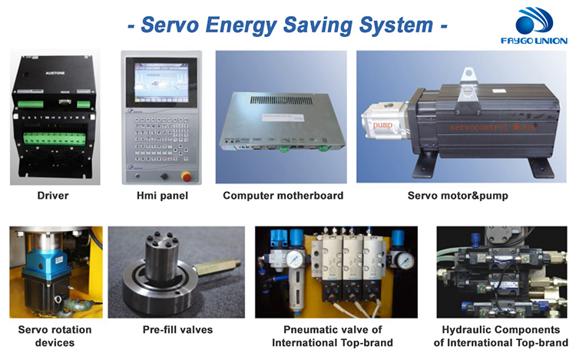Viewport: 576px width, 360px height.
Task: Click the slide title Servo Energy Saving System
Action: coord(287,25)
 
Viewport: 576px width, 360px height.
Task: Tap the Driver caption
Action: coord(53,196)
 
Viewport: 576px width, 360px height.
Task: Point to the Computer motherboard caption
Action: coord(283,196)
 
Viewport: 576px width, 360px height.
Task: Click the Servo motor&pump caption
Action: coord(458,196)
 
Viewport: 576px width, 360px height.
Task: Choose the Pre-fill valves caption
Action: coord(177,330)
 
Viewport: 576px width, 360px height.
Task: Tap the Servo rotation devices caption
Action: coord(54,336)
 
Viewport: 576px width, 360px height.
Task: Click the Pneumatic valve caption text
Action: coord(333,336)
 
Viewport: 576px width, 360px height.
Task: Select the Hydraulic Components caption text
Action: coord(499,336)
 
